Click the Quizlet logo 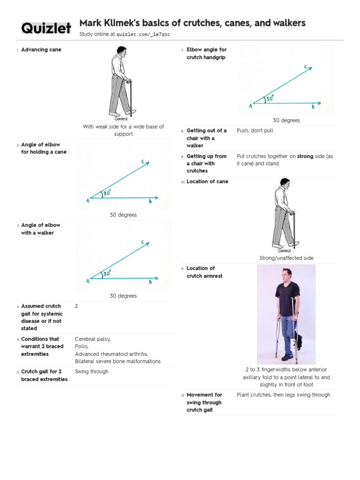tap(46, 28)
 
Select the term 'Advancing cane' tap(41, 50)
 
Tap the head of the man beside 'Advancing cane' tap(121, 50)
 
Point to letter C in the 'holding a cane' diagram tap(143, 162)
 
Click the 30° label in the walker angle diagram tap(107, 273)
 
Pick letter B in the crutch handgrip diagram tap(313, 107)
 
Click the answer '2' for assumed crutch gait tap(76, 306)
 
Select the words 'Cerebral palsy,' tap(93, 339)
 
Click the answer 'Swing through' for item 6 tap(91, 372)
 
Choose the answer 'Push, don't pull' tap(255, 131)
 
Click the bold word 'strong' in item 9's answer tap(305, 157)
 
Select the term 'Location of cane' tap(207, 182)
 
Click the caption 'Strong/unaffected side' tap(286, 258)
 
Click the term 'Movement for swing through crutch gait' tap(204, 402)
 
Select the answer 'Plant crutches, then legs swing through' tap(283, 395)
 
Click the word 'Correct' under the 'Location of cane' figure tap(284, 251)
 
